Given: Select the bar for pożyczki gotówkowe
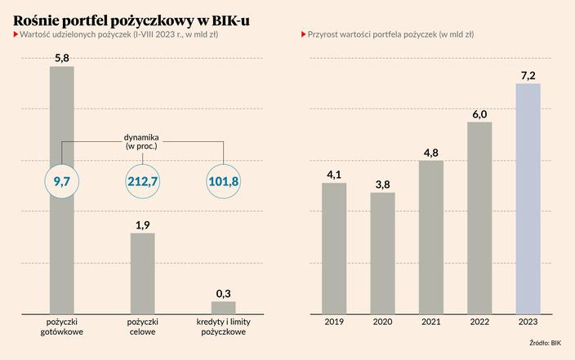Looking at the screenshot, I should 61,245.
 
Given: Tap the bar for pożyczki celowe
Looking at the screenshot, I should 143,273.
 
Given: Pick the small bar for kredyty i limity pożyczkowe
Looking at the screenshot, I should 223,308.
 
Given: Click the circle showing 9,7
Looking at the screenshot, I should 61,181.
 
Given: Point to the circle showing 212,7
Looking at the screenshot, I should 143,181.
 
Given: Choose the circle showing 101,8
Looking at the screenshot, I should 223,181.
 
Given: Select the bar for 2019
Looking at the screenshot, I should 334,248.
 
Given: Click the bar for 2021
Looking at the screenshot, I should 431,237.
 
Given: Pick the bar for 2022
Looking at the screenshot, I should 479,218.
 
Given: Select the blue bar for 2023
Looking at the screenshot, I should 528,198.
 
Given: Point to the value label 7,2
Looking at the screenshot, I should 528,75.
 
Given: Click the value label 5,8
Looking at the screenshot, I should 61,58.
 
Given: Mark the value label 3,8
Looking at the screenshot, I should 382,184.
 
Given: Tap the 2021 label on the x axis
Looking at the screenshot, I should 431,322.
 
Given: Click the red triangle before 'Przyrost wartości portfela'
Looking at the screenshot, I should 304,35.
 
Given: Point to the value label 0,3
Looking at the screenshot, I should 223,293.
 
